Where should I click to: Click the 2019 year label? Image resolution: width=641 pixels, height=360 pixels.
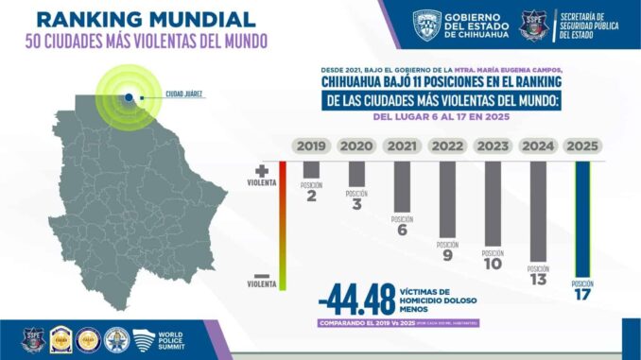[311, 146]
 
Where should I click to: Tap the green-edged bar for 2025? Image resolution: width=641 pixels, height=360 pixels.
[583, 217]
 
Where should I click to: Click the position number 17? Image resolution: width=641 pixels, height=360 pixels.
[583, 295]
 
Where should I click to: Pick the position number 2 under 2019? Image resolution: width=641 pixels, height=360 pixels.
[311, 196]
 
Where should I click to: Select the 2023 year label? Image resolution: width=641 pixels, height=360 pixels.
[493, 146]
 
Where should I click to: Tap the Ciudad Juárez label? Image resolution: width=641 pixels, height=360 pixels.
[184, 94]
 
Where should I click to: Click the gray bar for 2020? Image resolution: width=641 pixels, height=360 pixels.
[356, 174]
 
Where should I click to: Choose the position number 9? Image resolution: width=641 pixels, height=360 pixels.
[447, 254]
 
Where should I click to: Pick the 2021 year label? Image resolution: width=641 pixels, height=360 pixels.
[402, 146]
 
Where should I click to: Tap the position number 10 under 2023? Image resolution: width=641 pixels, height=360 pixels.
[493, 264]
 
